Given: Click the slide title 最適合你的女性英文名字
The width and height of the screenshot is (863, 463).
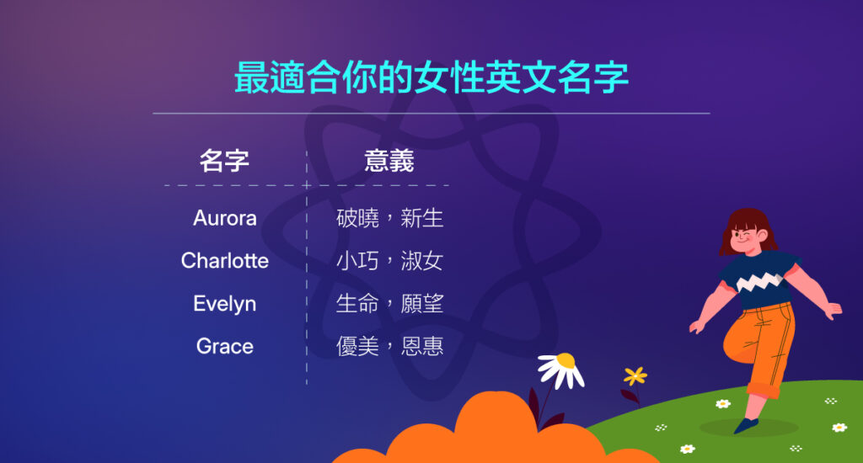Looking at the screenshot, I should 431,77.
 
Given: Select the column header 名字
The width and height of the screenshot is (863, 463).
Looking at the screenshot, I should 224,160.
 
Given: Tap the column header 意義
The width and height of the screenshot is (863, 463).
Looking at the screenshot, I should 389,160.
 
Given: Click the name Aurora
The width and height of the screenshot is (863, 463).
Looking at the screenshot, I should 224,218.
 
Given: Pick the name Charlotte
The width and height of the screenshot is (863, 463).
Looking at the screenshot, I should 224,261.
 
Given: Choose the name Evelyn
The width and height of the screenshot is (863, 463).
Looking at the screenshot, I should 224,304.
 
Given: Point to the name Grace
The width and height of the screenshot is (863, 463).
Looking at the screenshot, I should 224,346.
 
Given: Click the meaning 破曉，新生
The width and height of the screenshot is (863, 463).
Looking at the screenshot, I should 389,219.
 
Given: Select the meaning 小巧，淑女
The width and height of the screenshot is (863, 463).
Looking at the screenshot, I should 389,261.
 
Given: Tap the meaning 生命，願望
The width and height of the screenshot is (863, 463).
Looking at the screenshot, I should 389,304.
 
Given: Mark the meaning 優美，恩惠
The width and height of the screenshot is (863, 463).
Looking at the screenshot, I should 389,346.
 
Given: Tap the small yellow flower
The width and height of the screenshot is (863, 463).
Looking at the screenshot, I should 635,375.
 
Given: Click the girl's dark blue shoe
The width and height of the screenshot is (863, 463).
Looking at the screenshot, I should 746,425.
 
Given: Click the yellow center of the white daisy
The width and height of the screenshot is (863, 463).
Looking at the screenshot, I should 566,360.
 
